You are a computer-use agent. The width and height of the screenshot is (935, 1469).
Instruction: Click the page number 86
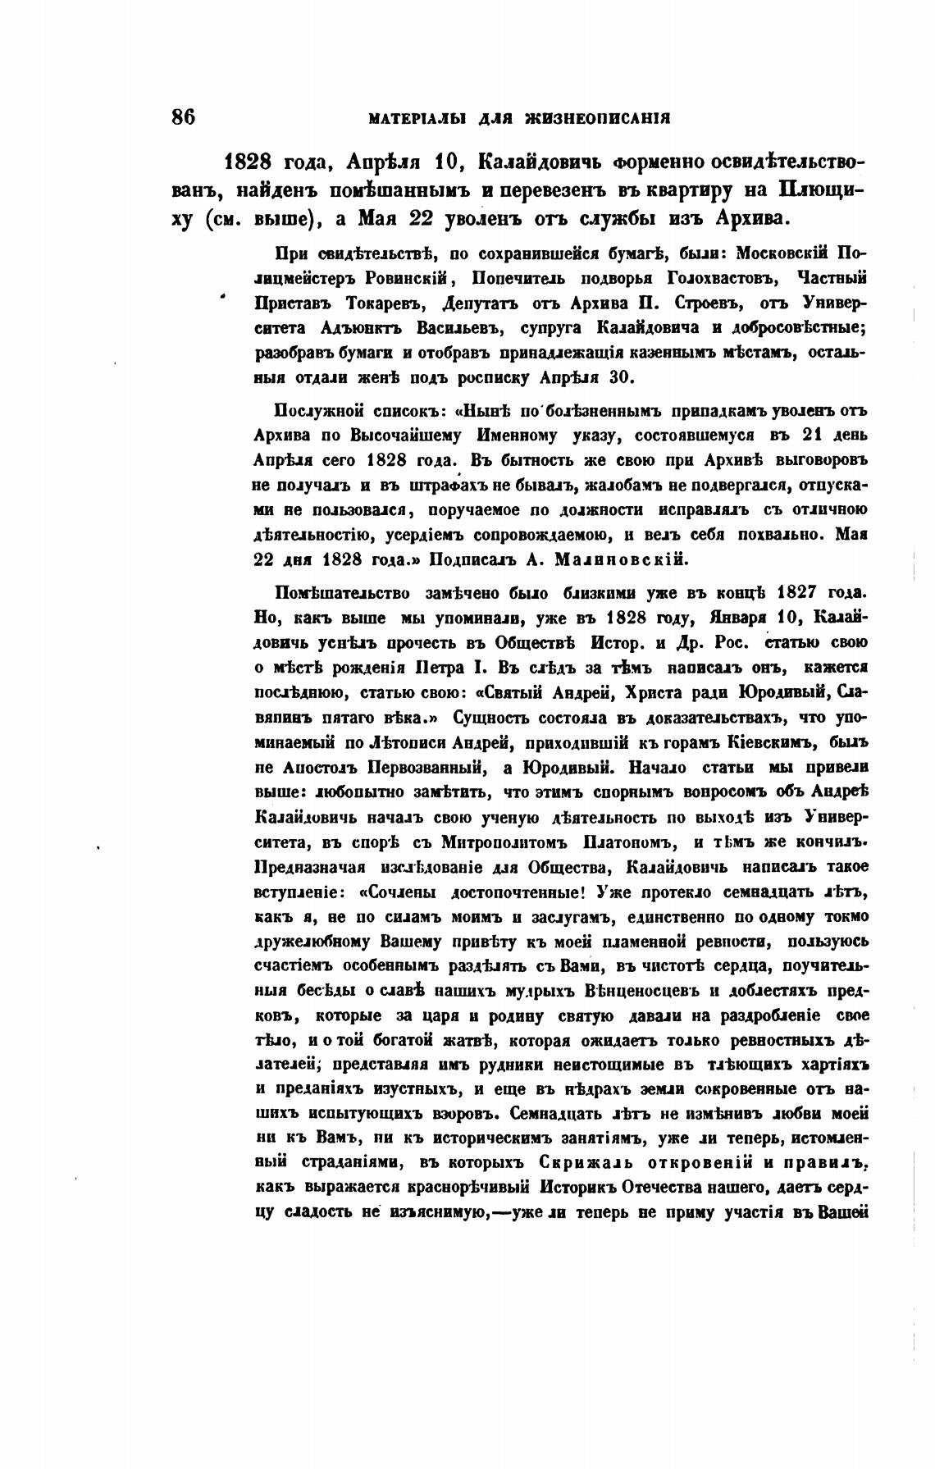183,116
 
